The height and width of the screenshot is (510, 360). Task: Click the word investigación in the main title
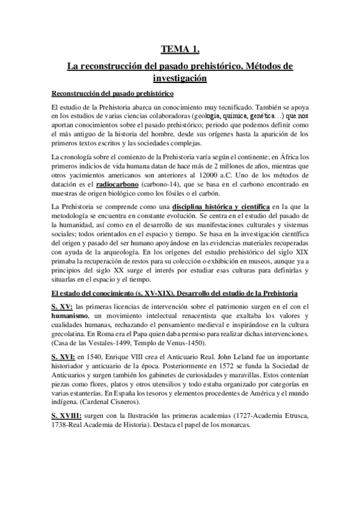180,78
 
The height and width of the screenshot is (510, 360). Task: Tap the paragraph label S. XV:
62,308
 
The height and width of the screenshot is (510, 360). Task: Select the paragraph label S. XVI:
64,356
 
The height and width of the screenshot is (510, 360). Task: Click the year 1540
94,356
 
